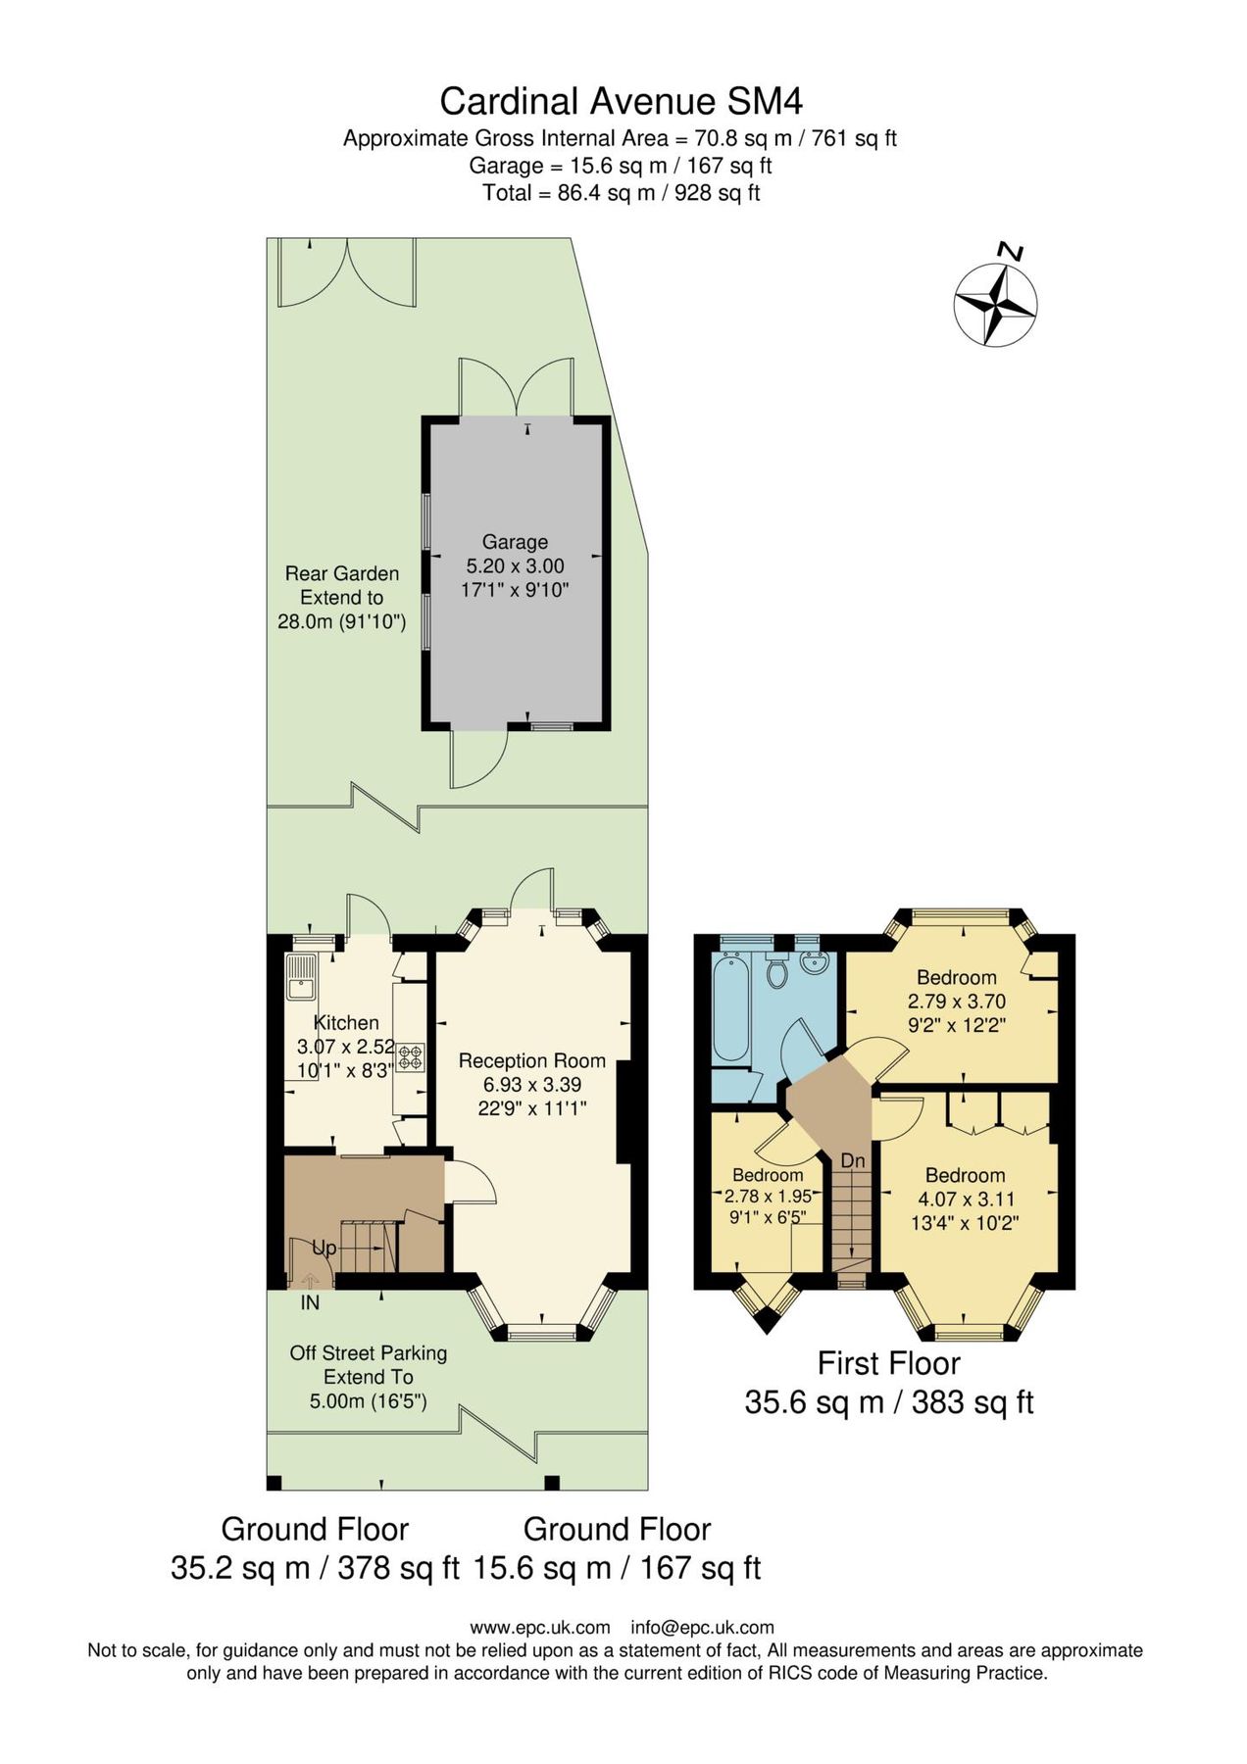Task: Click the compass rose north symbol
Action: (x=995, y=305)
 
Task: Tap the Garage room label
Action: (x=515, y=542)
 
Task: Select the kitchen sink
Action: (x=300, y=977)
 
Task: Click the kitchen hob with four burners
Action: (x=410, y=1057)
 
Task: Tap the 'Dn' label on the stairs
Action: (x=853, y=1160)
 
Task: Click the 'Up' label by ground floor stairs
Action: (x=324, y=1248)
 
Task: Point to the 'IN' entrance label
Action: (x=310, y=1303)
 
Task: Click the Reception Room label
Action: (x=531, y=1060)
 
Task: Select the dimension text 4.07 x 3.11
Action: (x=966, y=1199)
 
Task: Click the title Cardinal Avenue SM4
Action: (x=621, y=101)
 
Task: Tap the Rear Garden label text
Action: (x=341, y=574)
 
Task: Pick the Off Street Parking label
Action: (x=368, y=1353)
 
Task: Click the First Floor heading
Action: (x=888, y=1363)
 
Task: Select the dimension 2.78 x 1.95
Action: (x=768, y=1197)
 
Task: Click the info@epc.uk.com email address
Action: (x=702, y=1628)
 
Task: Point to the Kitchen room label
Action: (x=346, y=1022)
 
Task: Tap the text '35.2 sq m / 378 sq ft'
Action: (x=315, y=1567)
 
